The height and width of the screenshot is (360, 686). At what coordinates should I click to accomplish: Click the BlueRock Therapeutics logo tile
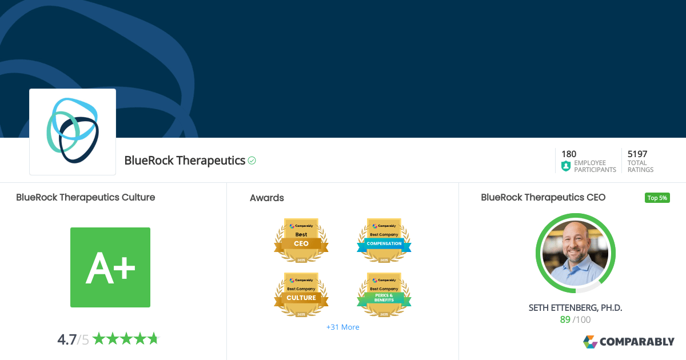click(73, 131)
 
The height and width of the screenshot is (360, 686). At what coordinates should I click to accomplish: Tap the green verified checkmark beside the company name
click(252, 161)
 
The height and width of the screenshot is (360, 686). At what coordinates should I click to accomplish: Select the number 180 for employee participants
click(569, 154)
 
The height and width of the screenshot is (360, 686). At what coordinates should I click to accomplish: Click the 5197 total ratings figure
click(637, 154)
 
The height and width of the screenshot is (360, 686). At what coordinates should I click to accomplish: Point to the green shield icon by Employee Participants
click(566, 166)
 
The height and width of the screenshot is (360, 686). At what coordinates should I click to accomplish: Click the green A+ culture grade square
click(110, 267)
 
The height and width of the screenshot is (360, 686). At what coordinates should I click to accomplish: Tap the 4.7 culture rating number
click(67, 339)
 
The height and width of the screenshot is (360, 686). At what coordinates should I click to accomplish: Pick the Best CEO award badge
click(301, 240)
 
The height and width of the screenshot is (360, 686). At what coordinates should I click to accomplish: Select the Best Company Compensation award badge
click(384, 240)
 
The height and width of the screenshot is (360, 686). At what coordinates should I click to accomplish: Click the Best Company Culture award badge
click(301, 294)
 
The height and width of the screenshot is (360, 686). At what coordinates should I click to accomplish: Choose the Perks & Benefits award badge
click(384, 294)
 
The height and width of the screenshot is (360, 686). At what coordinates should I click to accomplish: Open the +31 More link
click(343, 327)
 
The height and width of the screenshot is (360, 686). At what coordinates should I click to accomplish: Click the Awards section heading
click(267, 198)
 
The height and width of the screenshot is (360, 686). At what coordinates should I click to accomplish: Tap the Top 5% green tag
click(657, 198)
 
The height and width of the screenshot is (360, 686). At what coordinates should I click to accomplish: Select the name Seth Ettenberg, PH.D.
click(575, 308)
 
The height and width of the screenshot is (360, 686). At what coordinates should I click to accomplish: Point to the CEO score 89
click(565, 320)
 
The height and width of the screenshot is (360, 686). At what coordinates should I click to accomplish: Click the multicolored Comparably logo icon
click(590, 342)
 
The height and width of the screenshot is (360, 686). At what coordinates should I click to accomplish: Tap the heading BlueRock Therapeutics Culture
click(86, 197)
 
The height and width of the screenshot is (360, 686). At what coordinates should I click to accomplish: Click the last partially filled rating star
click(153, 339)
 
